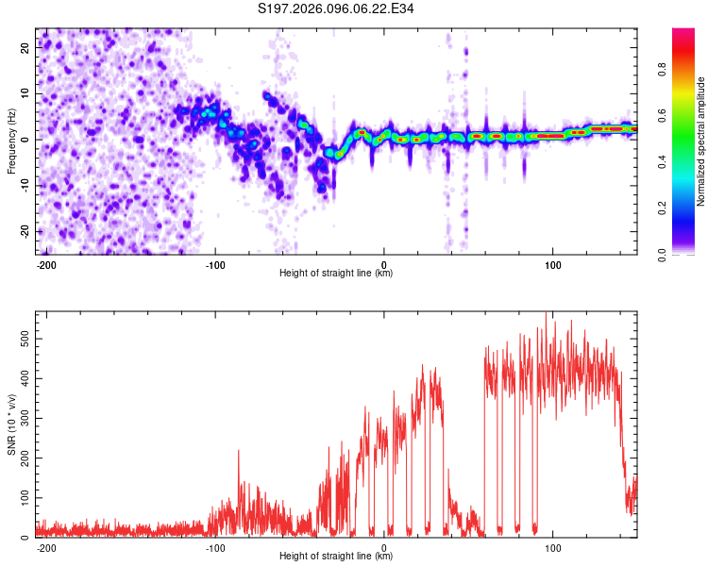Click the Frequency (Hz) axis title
pyautogui.click(x=12, y=141)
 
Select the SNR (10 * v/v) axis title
pyautogui.click(x=12, y=424)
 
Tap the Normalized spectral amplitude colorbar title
pyautogui.click(x=701, y=141)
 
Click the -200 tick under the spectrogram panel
pyautogui.click(x=47, y=264)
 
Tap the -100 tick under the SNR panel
pyautogui.click(x=215, y=547)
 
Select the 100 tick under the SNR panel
pyautogui.click(x=552, y=547)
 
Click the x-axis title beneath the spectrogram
pyautogui.click(x=336, y=274)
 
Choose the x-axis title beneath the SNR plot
pyautogui.click(x=336, y=557)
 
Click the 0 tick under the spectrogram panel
pyautogui.click(x=384, y=264)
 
